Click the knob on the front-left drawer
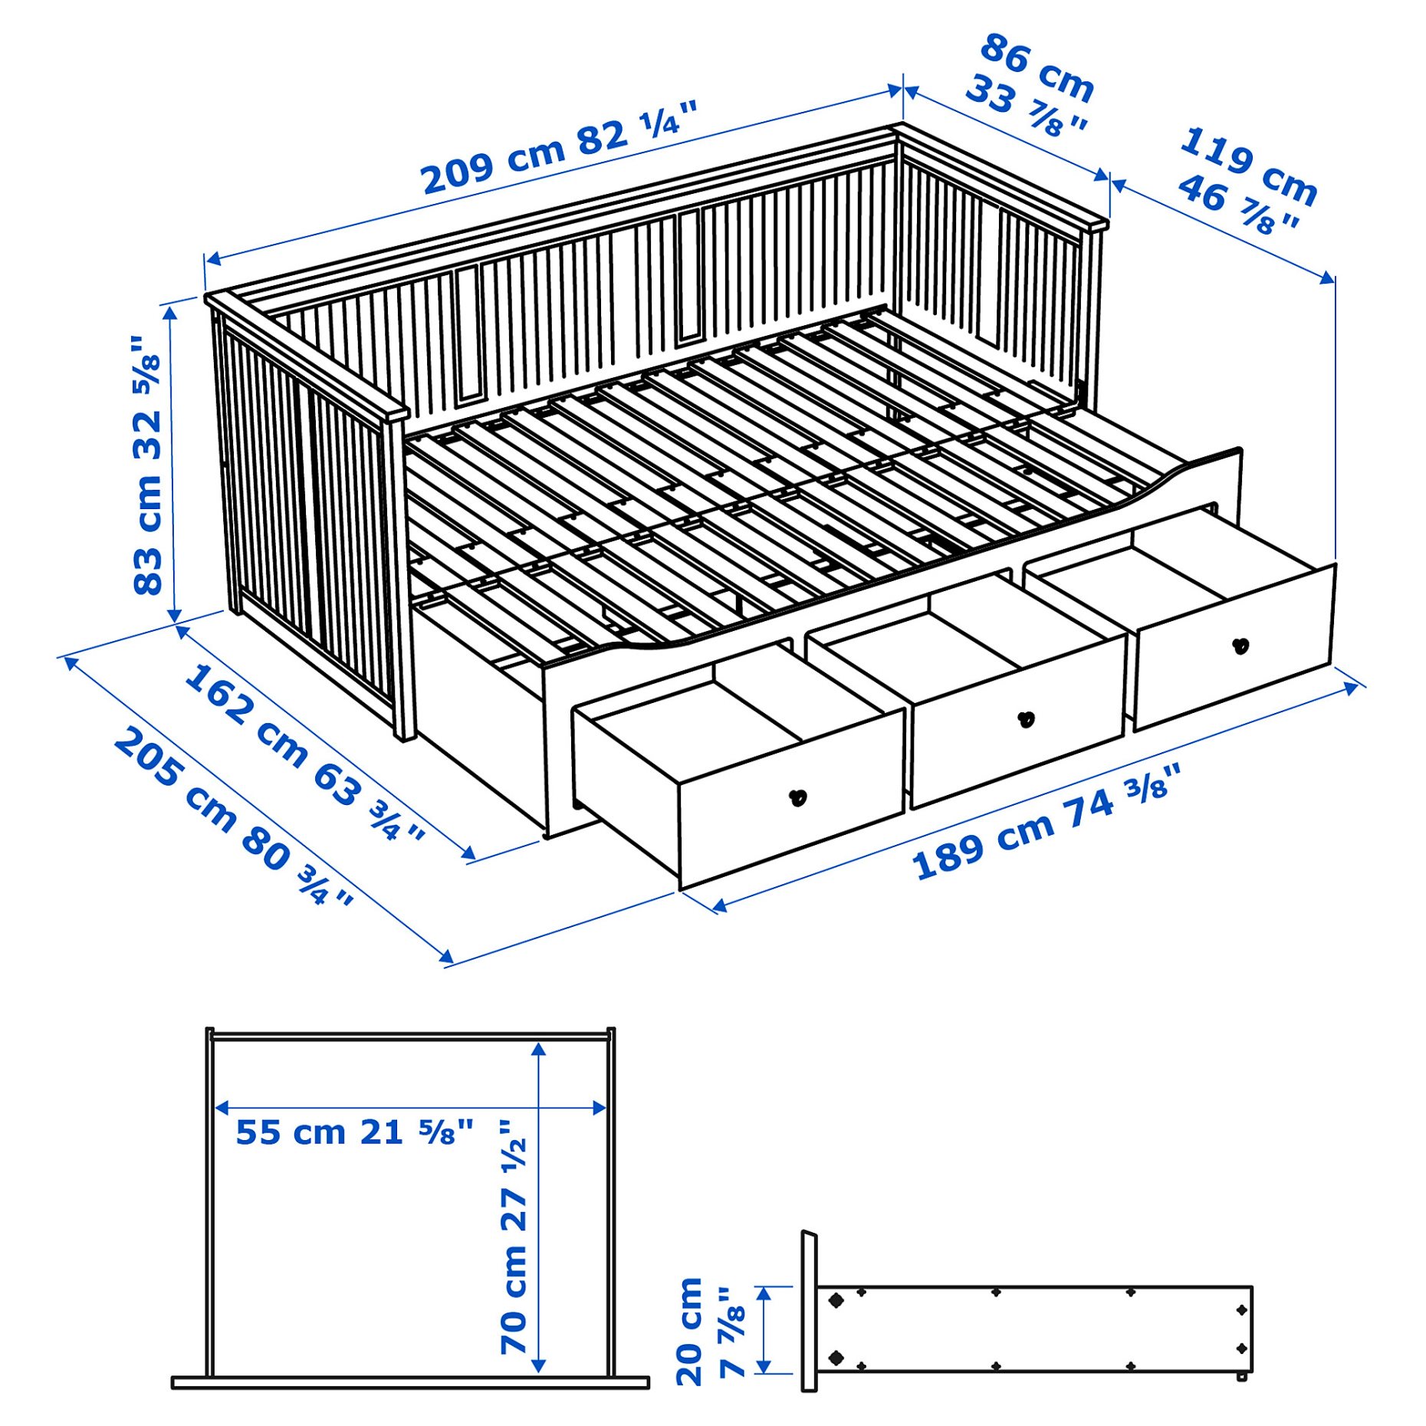point(798,798)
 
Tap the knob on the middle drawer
point(1026,720)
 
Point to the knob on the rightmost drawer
point(1240,646)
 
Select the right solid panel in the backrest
point(689,276)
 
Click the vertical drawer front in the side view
point(809,1312)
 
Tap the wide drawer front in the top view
point(410,1382)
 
